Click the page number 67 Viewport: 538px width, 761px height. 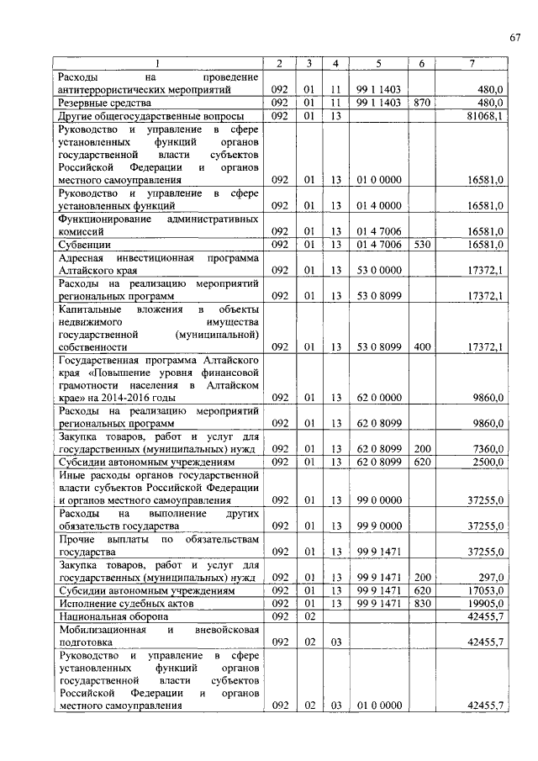coord(515,37)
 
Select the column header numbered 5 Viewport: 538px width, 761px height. coord(378,64)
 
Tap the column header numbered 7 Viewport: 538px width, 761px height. coord(472,64)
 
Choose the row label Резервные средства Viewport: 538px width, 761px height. coord(97,103)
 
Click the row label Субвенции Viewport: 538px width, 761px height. coord(84,245)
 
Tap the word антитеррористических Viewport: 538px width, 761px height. coord(117,89)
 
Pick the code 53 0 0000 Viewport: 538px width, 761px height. coord(378,271)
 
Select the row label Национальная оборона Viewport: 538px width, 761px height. coord(113,617)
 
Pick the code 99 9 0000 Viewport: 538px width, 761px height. coord(378,526)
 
